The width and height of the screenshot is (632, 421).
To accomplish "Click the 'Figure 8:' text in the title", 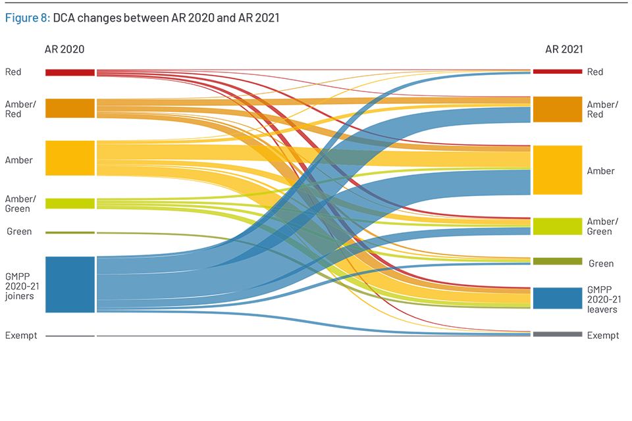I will pos(27,18).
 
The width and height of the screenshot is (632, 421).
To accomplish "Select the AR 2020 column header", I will pos(64,49).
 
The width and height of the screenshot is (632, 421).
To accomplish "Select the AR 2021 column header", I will pos(564,49).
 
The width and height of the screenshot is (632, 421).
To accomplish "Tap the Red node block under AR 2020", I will pos(70,72).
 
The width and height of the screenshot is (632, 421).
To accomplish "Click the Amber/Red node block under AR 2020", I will pos(70,109).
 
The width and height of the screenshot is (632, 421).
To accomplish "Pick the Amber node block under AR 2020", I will pos(70,158).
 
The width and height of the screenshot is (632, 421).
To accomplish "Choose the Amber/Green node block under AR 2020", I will pos(70,203).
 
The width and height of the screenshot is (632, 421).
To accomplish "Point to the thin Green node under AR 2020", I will pos(70,232).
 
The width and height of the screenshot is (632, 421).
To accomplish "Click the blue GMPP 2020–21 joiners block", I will pos(70,284).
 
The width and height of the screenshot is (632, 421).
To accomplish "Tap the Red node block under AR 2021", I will pos(557,71).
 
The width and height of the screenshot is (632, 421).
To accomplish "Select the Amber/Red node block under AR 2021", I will pos(557,109).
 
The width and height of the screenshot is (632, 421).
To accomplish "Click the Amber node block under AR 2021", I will pos(557,170).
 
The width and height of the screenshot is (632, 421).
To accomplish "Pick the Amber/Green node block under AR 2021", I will pos(557,226).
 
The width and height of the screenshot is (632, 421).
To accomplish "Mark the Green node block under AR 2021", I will pos(557,261).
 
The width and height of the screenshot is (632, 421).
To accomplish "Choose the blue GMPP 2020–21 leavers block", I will pos(557,297).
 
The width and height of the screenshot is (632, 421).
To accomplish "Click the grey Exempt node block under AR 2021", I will pos(557,334).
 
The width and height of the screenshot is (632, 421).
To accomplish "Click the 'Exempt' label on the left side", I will pos(21,335).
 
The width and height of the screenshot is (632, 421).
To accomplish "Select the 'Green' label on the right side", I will pos(601,264).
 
